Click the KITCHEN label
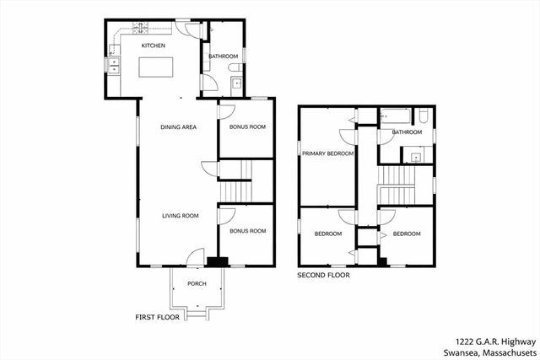pyautogui.click(x=153, y=46)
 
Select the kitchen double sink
pyautogui.click(x=116, y=65)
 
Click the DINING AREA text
pyautogui.click(x=179, y=127)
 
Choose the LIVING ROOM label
pyautogui.click(x=181, y=216)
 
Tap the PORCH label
pyautogui.click(x=197, y=283)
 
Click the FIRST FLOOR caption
pyautogui.click(x=159, y=317)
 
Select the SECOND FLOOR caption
pyautogui.click(x=323, y=275)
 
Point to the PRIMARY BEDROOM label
pyautogui.click(x=328, y=154)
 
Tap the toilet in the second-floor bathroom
pyautogui.click(x=424, y=117)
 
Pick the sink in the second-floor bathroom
pyautogui.click(x=416, y=155)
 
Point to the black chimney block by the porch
pyautogui.click(x=220, y=261)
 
